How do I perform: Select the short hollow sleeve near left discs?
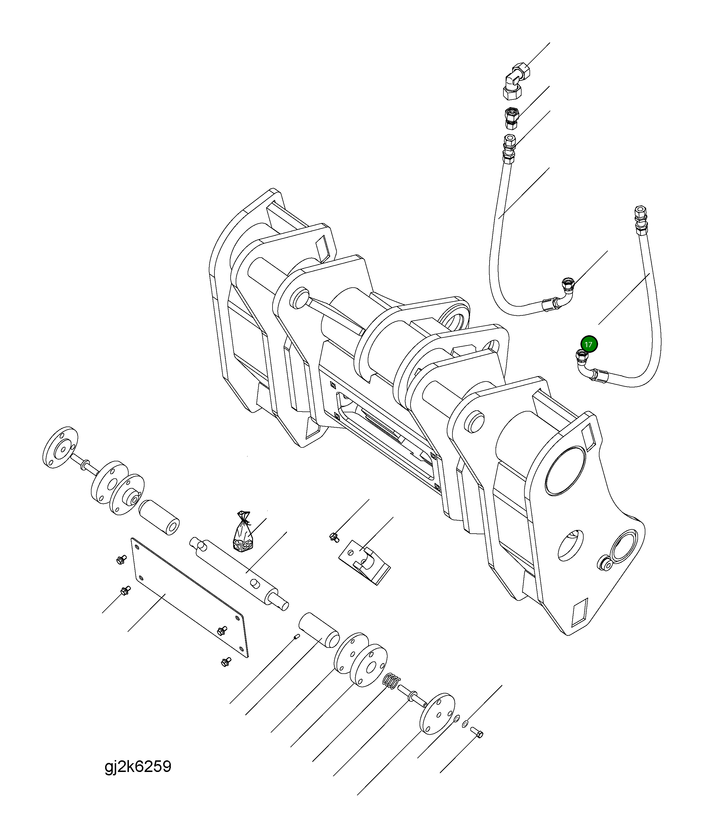[x=159, y=517]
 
